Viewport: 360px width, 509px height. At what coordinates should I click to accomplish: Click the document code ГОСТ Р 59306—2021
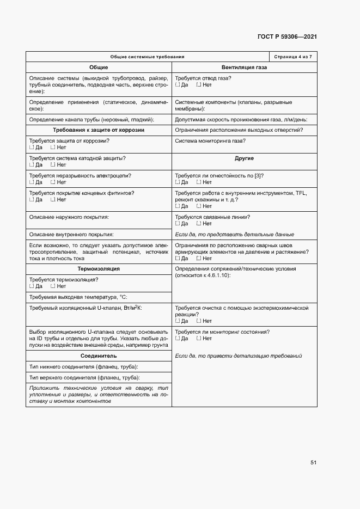287,37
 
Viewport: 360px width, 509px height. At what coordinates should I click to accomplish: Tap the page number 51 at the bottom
313,463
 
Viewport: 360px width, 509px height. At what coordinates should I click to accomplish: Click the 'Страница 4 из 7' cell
293,57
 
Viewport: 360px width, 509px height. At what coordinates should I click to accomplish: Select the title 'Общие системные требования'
147,57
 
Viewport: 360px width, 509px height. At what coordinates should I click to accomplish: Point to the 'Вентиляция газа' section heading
244,67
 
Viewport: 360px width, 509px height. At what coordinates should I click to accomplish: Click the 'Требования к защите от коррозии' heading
99,130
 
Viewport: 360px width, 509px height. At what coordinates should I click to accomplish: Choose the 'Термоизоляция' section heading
99,269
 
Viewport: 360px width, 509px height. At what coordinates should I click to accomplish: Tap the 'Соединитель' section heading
99,355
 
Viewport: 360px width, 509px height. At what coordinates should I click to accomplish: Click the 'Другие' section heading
244,158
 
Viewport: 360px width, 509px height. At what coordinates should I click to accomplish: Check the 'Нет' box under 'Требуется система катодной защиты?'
53,164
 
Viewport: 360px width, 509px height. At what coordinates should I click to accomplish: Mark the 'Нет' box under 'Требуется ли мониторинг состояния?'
199,339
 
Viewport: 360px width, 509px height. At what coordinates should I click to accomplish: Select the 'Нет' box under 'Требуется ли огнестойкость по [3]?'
199,182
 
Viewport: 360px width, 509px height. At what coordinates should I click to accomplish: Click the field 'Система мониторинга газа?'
210,141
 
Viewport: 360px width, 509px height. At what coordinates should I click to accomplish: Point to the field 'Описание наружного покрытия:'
69,217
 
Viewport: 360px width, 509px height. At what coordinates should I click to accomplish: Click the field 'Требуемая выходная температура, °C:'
77,297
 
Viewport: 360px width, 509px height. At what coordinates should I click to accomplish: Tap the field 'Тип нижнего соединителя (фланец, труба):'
83,366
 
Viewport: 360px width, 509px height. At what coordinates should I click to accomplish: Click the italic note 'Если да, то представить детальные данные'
234,234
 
